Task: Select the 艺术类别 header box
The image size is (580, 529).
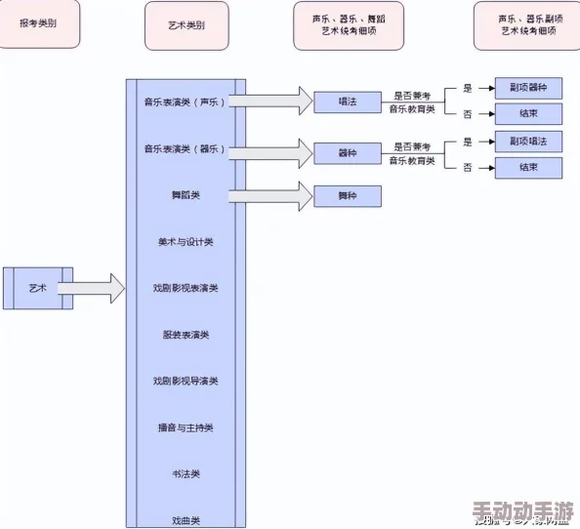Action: (x=186, y=26)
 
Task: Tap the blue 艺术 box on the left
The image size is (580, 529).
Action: (x=38, y=288)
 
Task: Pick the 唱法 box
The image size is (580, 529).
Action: (x=347, y=101)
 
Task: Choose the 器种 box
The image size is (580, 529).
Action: (x=347, y=152)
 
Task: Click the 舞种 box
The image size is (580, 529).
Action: (x=347, y=196)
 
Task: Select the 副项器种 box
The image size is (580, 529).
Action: (x=528, y=88)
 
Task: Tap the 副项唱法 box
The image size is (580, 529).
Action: (x=528, y=142)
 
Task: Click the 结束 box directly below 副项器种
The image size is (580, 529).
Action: (x=528, y=114)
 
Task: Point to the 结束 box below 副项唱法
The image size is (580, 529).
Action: (x=528, y=168)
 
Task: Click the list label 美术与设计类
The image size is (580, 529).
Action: (x=186, y=241)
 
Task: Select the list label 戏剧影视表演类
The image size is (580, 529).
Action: (x=186, y=288)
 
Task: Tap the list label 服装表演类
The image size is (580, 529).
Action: (x=186, y=335)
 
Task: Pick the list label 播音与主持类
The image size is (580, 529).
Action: (x=186, y=427)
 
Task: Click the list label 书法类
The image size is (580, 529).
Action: (x=186, y=473)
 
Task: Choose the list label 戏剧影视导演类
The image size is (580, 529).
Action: (x=186, y=381)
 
